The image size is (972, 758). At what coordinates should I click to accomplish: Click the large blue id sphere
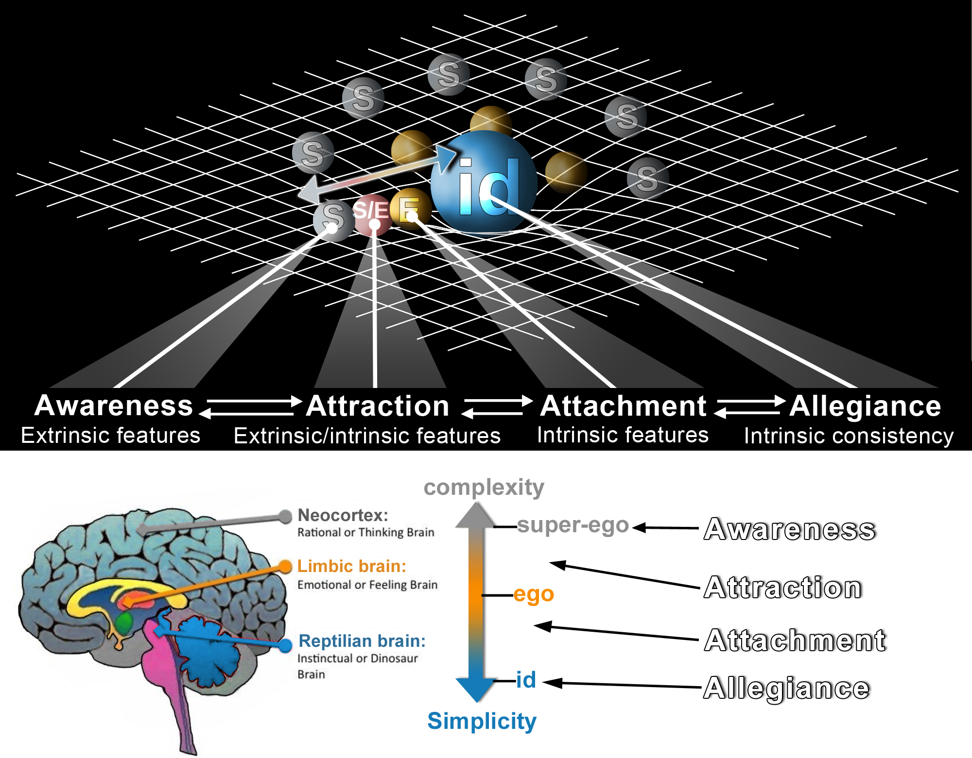point(484,182)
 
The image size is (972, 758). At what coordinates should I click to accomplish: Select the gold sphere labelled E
point(411,208)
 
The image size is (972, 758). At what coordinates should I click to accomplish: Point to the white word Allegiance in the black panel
point(865,406)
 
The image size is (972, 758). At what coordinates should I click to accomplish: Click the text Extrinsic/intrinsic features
point(367,436)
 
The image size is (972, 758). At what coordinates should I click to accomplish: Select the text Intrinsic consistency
point(849,436)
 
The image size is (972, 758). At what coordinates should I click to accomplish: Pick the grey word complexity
point(484,487)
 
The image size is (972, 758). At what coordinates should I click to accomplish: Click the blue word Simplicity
point(482,721)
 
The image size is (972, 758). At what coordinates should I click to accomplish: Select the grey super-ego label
point(573,525)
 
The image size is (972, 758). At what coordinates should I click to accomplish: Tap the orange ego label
point(534,594)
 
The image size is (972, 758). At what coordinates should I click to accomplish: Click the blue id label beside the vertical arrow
point(526,680)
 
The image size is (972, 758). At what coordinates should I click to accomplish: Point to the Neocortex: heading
point(343,515)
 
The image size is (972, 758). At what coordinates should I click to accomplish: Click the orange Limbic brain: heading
point(351,566)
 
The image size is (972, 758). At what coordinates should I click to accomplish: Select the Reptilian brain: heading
point(362,641)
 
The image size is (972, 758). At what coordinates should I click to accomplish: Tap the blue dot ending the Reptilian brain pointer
point(286,645)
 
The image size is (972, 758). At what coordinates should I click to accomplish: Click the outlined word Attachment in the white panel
point(795,640)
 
